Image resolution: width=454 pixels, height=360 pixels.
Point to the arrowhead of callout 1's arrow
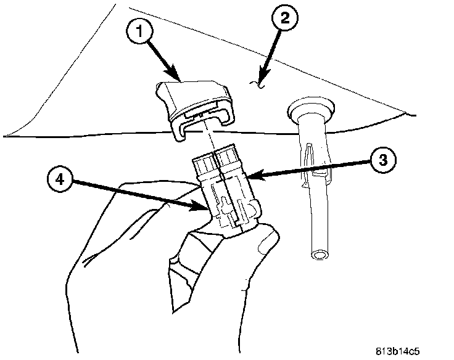(x=179, y=80)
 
